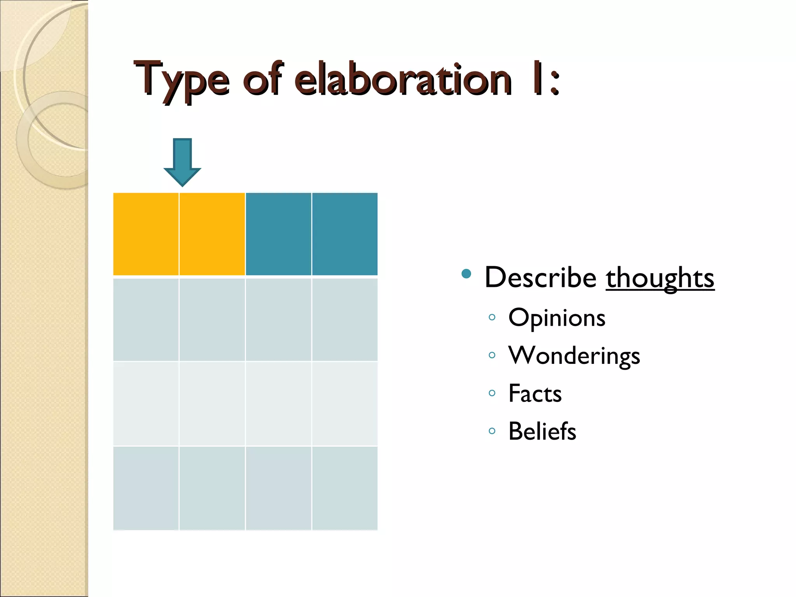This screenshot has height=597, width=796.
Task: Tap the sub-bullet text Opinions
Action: pyautogui.click(x=557, y=318)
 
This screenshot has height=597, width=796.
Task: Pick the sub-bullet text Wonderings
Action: pyautogui.click(x=574, y=355)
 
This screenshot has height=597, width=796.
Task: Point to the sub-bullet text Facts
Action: pyautogui.click(x=535, y=393)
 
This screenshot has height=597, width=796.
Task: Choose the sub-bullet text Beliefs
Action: pyautogui.click(x=542, y=431)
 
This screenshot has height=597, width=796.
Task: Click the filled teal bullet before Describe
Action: pyautogui.click(x=466, y=274)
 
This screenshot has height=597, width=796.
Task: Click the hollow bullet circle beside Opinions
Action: pyautogui.click(x=492, y=317)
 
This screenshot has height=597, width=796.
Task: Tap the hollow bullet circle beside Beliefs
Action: pyautogui.click(x=492, y=431)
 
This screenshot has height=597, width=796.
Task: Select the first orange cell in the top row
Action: pyautogui.click(x=146, y=234)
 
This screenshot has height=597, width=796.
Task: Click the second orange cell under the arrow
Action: pyautogui.click(x=212, y=234)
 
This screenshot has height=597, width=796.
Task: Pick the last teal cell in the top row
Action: pyautogui.click(x=345, y=234)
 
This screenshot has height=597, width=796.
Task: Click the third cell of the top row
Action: pyautogui.click(x=278, y=234)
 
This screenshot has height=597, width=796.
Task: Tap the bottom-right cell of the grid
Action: pyautogui.click(x=345, y=488)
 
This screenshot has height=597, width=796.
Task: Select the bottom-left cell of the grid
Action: pyautogui.click(x=146, y=488)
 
